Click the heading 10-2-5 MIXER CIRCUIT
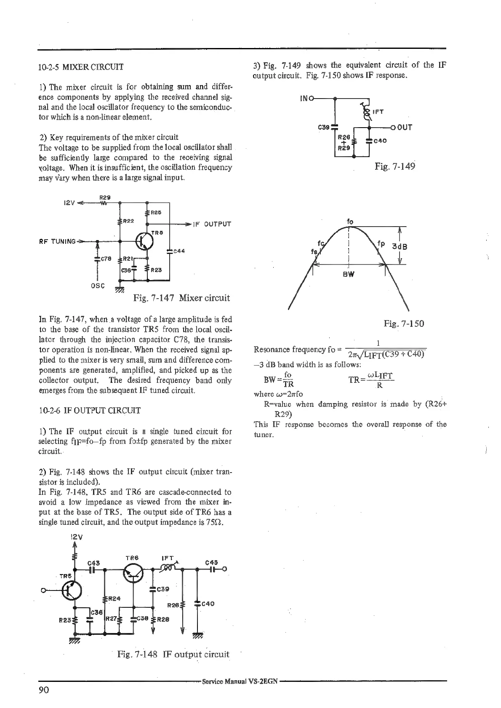81,67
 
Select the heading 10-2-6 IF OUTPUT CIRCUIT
89,411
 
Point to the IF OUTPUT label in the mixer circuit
212,224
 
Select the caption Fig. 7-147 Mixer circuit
181,298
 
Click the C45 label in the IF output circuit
211,562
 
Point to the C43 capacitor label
93,563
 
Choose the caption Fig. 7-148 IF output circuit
173,654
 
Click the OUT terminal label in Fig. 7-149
404,127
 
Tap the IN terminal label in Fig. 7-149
304,99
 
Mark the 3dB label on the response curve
400,246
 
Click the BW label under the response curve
349,274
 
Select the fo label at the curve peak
350,222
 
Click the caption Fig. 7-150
404,323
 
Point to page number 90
44,690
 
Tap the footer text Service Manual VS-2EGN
240,681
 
